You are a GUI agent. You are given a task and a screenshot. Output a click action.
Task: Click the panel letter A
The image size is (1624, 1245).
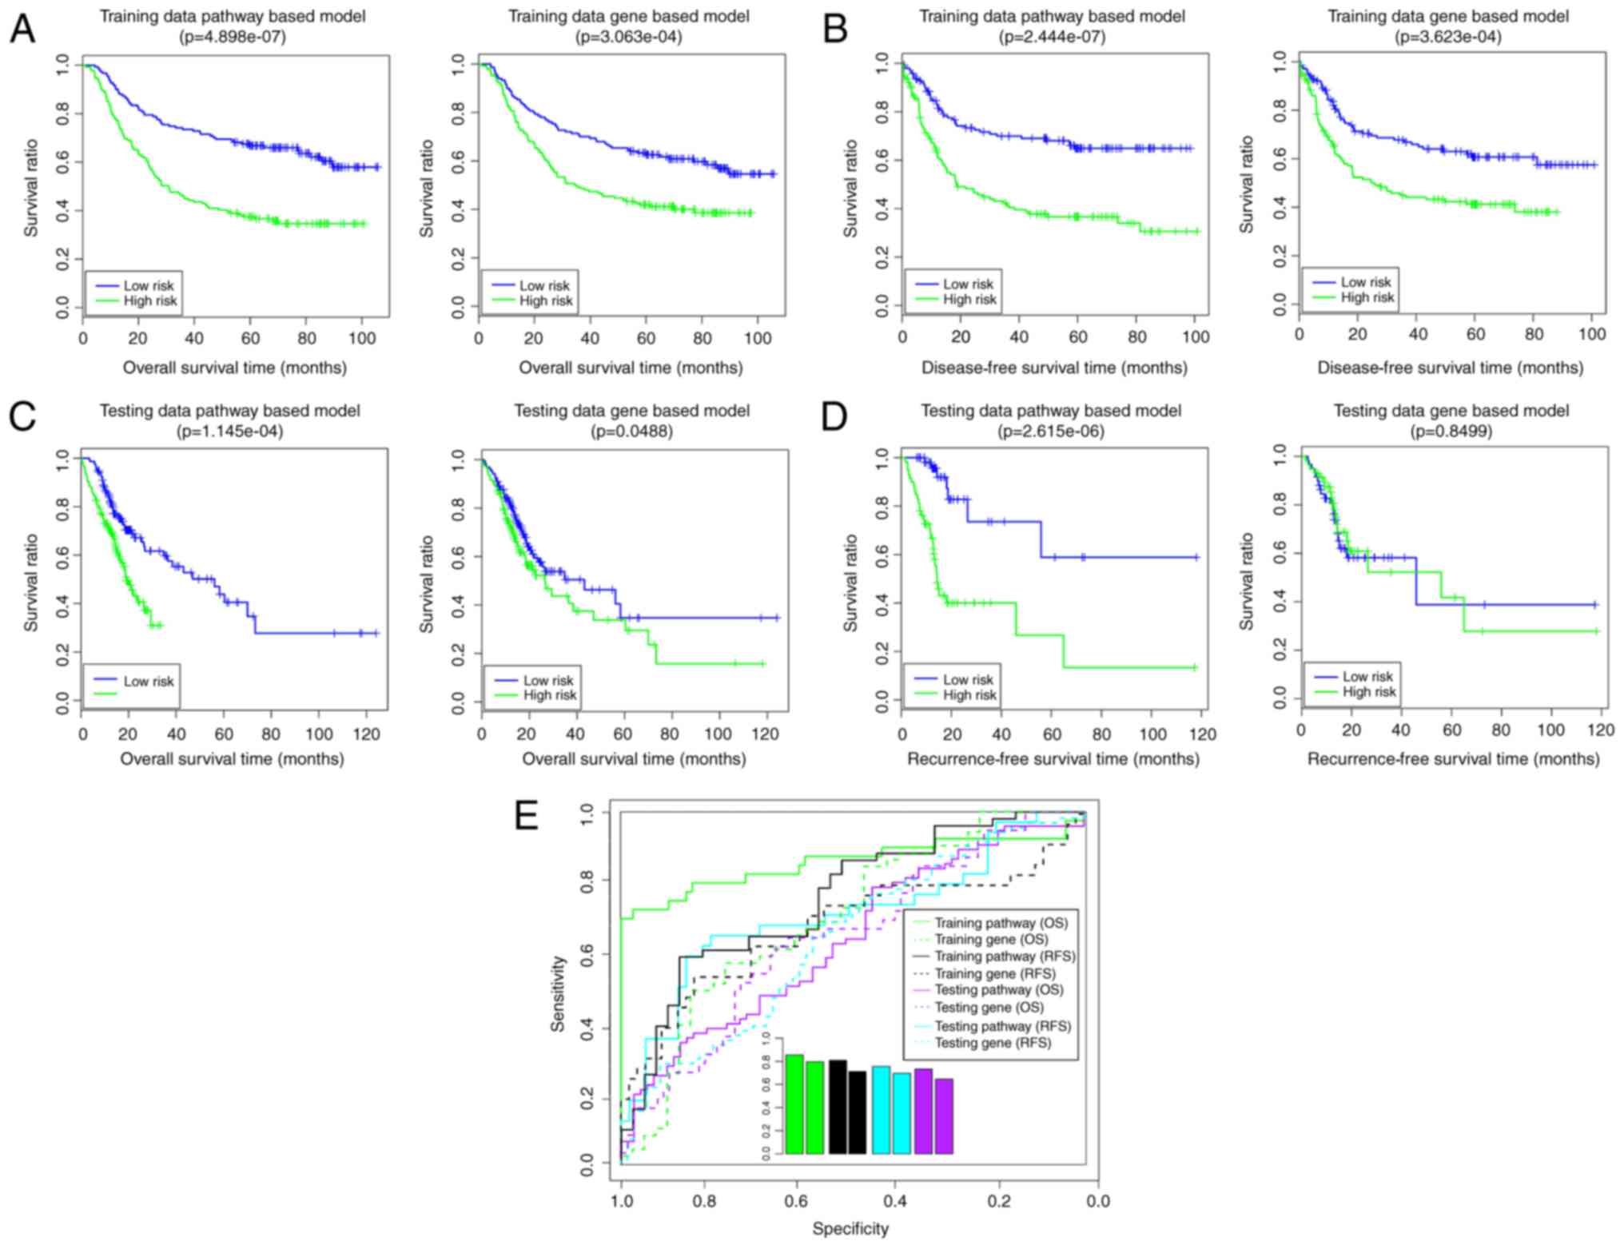pyautogui.click(x=23, y=30)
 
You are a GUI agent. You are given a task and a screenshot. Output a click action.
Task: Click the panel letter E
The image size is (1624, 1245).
pyautogui.click(x=527, y=816)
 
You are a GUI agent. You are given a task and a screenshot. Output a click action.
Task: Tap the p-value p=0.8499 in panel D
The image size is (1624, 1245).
pyautogui.click(x=1450, y=432)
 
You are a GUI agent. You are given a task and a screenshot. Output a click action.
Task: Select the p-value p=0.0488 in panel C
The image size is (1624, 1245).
pyautogui.click(x=631, y=432)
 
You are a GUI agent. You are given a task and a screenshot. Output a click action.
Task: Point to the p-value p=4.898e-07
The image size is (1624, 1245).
pyautogui.click(x=233, y=37)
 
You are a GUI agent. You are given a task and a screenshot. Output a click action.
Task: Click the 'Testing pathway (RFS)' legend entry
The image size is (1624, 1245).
pyautogui.click(x=1002, y=1026)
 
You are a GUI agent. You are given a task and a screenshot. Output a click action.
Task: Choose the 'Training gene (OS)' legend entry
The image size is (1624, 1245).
pyautogui.click(x=991, y=940)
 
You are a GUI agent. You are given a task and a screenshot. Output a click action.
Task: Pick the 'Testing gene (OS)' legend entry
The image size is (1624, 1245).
pyautogui.click(x=989, y=1008)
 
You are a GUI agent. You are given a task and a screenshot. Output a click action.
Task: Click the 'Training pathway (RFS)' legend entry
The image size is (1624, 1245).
pyautogui.click(x=1005, y=957)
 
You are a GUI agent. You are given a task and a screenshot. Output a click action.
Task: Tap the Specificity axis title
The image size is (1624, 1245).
pyautogui.click(x=850, y=1229)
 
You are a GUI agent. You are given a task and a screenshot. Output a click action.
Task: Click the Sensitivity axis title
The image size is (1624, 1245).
pyautogui.click(x=558, y=993)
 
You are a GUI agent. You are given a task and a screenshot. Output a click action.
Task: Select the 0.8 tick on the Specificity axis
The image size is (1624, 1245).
pyautogui.click(x=704, y=1201)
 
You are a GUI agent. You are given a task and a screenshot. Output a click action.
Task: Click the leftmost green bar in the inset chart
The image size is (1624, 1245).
pyautogui.click(x=794, y=1104)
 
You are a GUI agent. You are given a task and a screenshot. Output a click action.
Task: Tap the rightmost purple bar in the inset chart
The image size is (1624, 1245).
pyautogui.click(x=944, y=1116)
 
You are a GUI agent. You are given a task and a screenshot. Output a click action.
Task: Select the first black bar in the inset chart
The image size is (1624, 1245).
pyautogui.click(x=837, y=1107)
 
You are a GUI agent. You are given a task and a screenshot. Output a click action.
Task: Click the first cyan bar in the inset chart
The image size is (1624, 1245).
pyautogui.click(x=881, y=1110)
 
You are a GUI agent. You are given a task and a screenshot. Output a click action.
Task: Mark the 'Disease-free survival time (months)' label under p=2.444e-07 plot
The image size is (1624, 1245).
pyautogui.click(x=1054, y=368)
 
